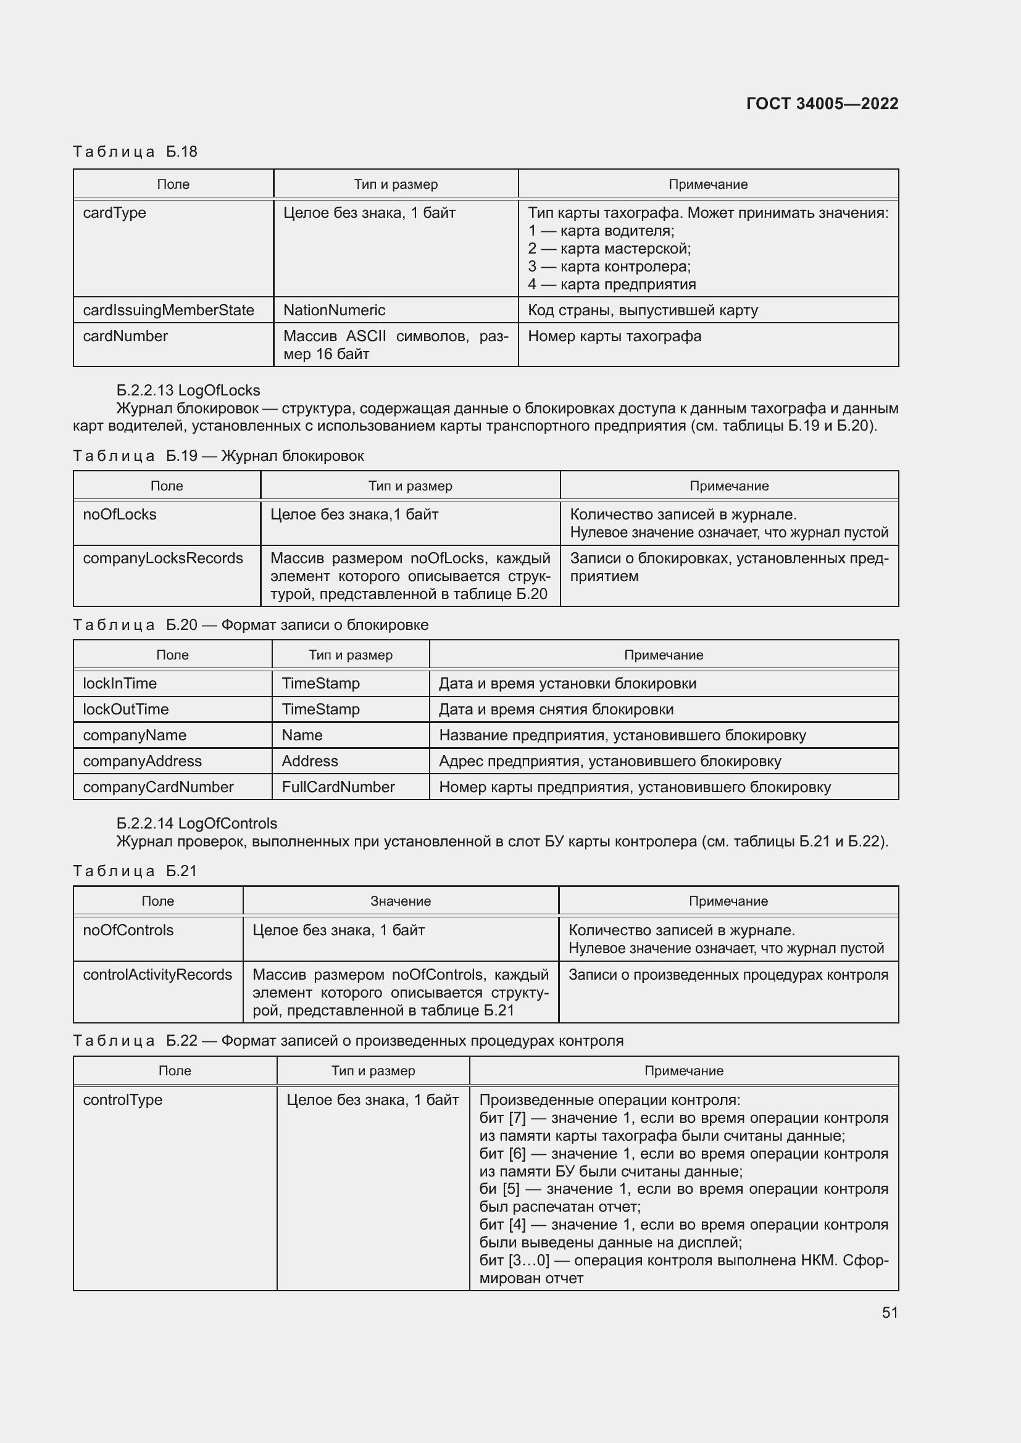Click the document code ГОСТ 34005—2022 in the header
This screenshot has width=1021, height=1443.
[x=822, y=104]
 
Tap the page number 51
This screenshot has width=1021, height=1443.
[x=890, y=1312]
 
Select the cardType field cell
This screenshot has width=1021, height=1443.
[x=114, y=213]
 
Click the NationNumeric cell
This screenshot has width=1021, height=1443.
[x=334, y=310]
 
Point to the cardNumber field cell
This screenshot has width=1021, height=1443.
[x=125, y=336]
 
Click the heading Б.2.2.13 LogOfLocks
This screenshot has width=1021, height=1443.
[x=188, y=391]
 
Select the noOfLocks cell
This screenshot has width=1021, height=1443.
[x=120, y=514]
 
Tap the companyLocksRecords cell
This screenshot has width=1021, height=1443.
[x=163, y=558]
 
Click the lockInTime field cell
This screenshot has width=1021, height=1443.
[x=120, y=683]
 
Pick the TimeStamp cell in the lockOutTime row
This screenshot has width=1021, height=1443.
[x=320, y=709]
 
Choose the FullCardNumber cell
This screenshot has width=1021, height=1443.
[x=338, y=787]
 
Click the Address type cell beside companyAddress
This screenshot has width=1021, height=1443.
[x=310, y=761]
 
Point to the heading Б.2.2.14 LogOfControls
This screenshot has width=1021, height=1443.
[x=196, y=824]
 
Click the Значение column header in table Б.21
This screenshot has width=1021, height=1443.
[x=401, y=901]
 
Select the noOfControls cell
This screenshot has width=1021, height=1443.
[x=128, y=930]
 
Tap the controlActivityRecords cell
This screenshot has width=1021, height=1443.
[x=157, y=975]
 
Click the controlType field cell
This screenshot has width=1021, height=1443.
[x=123, y=1100]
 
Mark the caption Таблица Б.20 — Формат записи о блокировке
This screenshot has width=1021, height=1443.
[x=250, y=625]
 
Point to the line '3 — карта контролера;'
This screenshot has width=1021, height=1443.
[x=609, y=267]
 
